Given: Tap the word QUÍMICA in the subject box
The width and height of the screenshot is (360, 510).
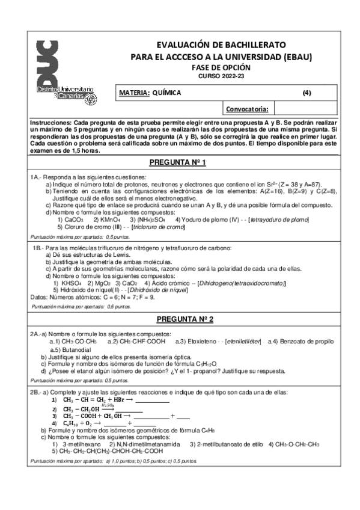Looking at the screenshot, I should (166, 93).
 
